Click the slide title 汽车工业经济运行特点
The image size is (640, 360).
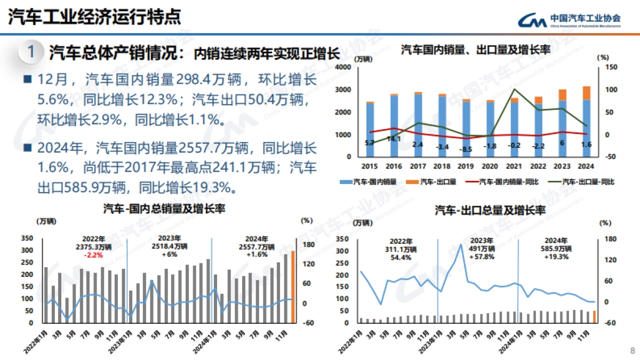click(94, 17)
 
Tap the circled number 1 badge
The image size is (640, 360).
click(31, 52)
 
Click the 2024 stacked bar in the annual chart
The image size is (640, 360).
click(586, 121)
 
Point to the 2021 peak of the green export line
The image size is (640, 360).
click(514, 89)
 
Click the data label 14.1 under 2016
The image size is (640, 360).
click(394, 139)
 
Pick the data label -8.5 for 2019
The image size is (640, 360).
click(466, 149)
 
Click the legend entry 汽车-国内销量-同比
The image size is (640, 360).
click(508, 182)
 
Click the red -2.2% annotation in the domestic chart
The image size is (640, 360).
click(93, 255)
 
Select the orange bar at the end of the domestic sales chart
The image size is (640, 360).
click(293, 286)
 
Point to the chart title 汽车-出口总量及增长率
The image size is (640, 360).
click(490, 210)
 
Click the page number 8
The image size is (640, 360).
click(632, 350)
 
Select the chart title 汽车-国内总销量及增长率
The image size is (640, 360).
click(164, 209)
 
